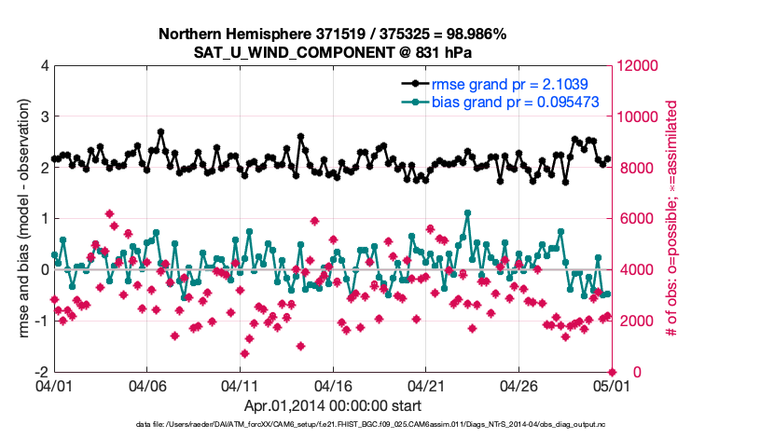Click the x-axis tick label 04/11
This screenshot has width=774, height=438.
(x=240, y=385)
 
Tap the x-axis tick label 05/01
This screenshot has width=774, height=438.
(x=613, y=385)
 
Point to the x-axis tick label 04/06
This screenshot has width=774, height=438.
(x=146, y=385)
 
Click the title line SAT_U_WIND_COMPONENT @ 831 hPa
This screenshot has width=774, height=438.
(x=332, y=52)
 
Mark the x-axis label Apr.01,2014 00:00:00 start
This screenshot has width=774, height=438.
(x=333, y=405)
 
